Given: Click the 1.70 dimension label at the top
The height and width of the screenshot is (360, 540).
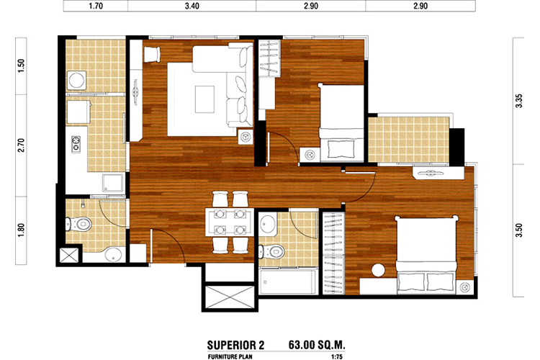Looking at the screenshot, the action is point(95,6).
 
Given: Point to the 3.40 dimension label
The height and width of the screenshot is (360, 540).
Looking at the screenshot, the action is point(192,6).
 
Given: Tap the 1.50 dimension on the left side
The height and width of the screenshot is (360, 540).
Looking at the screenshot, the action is point(22,66).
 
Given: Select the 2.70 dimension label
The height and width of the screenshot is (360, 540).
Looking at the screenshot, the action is point(22,145).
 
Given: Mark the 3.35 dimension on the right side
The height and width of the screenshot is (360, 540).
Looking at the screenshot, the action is point(519,101).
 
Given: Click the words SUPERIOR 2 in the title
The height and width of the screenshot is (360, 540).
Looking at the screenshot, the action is point(235,345).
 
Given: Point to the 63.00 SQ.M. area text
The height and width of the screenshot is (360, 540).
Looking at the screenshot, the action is point(317,344).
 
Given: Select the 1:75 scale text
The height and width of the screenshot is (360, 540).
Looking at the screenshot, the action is point(337,357).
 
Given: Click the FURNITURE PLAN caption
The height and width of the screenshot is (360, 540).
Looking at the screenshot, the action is point(230,357).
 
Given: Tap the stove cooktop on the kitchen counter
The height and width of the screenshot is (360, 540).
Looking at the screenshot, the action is point(76,144).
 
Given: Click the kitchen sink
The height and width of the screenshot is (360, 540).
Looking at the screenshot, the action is point(112,183).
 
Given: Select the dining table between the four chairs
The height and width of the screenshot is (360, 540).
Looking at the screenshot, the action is point(230,222).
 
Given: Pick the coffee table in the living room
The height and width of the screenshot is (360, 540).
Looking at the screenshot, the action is point(204,99).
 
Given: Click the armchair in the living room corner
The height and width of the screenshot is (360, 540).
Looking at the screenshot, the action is point(151,55).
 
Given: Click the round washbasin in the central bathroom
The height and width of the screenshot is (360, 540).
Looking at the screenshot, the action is point(267,224).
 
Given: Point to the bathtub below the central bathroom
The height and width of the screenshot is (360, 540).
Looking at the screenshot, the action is point(288,282).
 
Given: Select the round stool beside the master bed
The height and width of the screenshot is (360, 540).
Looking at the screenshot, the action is point(378,270).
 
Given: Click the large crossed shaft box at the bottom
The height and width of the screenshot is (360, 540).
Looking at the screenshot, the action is point(230,297).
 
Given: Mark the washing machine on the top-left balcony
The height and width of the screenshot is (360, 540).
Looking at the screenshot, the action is point(77,81).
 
